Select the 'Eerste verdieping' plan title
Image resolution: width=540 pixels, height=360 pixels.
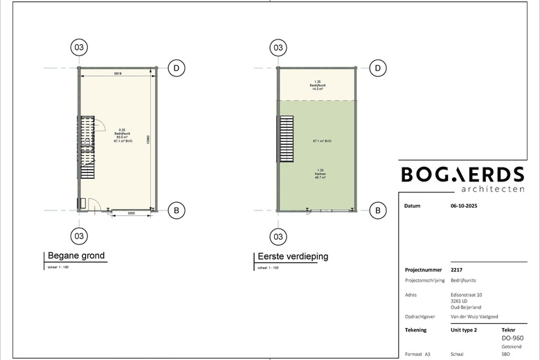pos(292,256)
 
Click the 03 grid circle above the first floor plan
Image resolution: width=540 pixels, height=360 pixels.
pos(278,48)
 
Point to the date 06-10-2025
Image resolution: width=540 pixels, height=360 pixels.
pos(464,206)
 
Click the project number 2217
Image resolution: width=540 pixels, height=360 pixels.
pos(457,270)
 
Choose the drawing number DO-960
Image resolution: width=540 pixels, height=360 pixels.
pos(512,339)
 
